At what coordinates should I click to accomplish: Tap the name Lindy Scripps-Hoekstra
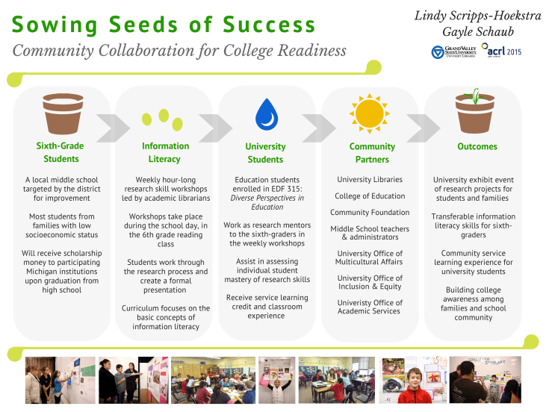pyautogui.click(x=478, y=15)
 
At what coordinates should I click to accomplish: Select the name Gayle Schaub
pyautogui.click(x=477, y=33)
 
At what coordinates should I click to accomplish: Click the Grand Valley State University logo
pyautogui.click(x=453, y=52)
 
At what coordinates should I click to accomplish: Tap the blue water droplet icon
pyautogui.click(x=266, y=114)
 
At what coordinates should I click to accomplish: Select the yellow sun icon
pyautogui.click(x=369, y=113)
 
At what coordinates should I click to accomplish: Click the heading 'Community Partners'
pyautogui.click(x=372, y=153)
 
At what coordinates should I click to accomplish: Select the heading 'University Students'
pyautogui.click(x=265, y=153)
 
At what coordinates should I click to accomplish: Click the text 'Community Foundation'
pyautogui.click(x=370, y=213)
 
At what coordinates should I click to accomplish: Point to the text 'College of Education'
pyautogui.click(x=370, y=196)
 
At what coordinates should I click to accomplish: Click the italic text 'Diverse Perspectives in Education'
pyautogui.click(x=266, y=202)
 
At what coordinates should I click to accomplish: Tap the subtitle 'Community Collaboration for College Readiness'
pyautogui.click(x=179, y=51)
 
